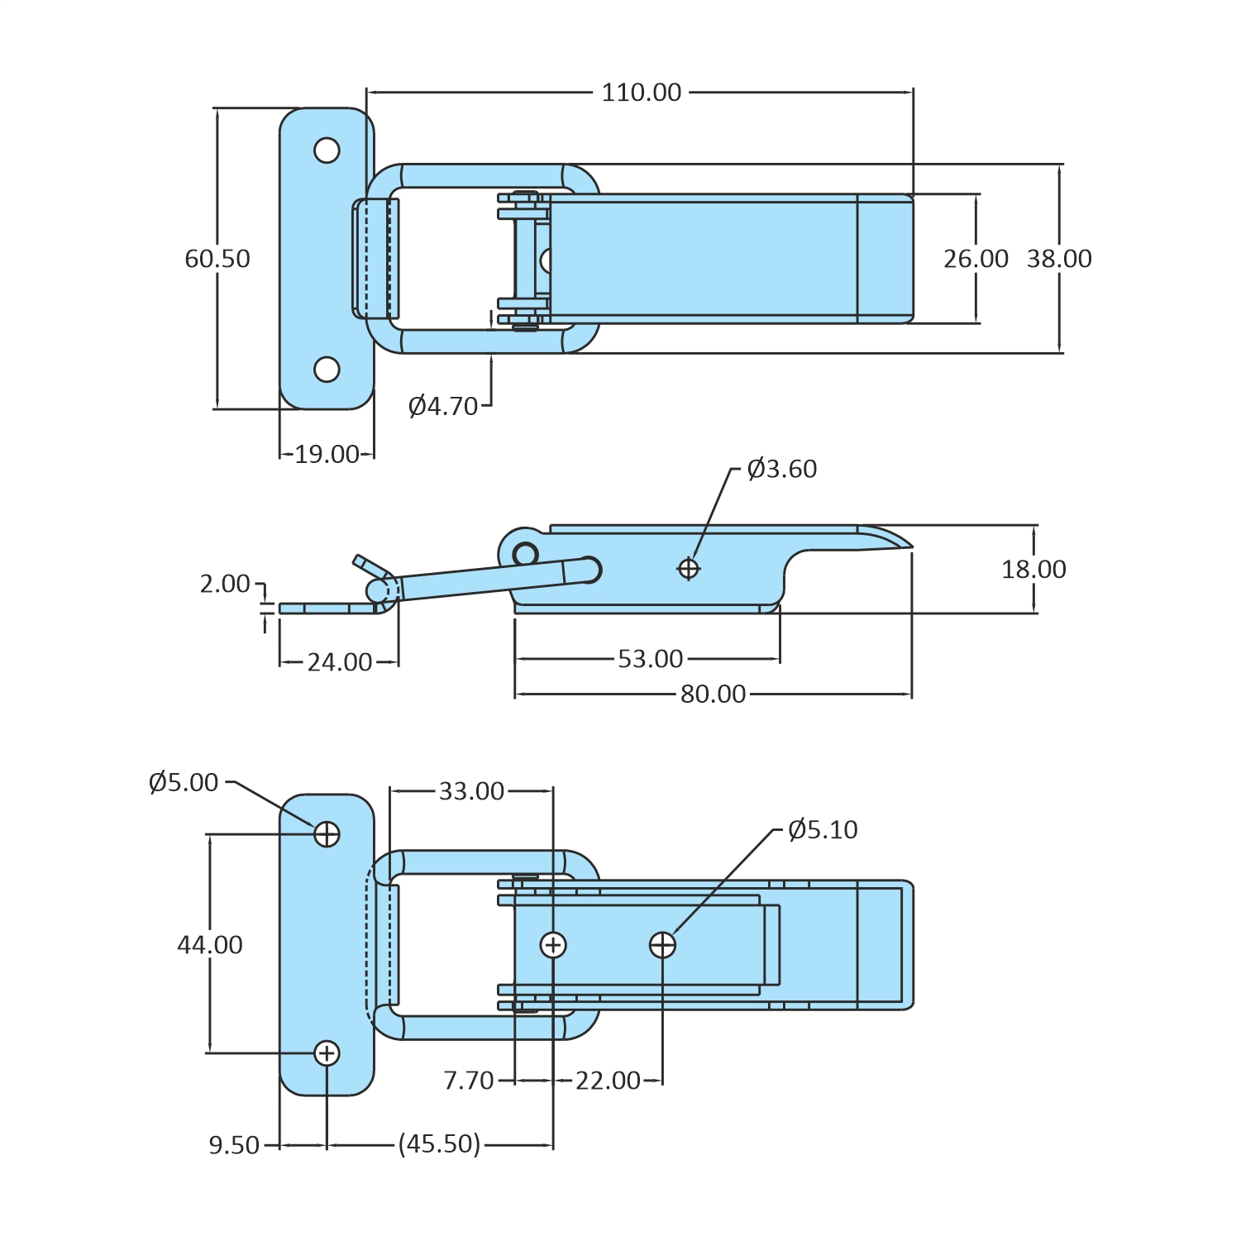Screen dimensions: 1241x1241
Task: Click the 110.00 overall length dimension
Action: (x=642, y=93)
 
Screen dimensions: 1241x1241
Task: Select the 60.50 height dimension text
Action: (x=217, y=259)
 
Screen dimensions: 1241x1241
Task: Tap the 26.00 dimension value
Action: (x=976, y=259)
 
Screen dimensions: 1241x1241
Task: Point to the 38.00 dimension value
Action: (x=1059, y=259)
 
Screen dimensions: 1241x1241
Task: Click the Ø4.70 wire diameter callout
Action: (x=443, y=406)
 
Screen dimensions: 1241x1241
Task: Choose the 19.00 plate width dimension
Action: (x=327, y=454)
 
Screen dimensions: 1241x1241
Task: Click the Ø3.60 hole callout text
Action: (x=782, y=469)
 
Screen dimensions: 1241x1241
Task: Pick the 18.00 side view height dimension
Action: (x=1033, y=569)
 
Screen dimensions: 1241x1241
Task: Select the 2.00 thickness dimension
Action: (x=225, y=584)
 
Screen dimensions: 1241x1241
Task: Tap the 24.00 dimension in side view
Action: (x=340, y=662)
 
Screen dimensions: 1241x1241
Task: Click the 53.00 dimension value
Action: (x=651, y=659)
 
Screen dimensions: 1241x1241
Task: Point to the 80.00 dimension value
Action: (x=713, y=694)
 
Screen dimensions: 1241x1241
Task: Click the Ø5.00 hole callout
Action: (x=184, y=782)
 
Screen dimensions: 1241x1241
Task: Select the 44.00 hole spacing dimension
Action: (x=210, y=944)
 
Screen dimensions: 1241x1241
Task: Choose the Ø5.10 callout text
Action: (x=823, y=829)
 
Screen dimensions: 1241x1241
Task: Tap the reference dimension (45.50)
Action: (x=439, y=1144)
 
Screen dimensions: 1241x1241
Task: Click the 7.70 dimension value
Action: (x=469, y=1081)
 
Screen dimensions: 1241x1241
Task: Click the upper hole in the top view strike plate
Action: (x=327, y=150)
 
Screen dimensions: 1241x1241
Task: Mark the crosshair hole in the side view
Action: (x=689, y=568)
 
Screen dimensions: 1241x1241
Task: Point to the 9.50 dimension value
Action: (x=234, y=1145)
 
